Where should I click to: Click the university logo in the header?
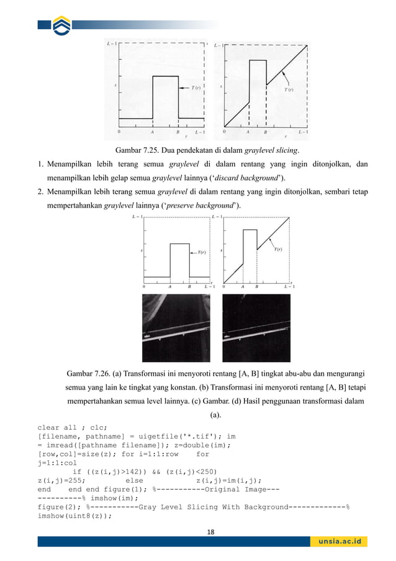click(x=62, y=26)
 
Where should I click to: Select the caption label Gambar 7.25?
click(x=137, y=150)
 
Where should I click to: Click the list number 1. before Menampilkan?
click(x=39, y=165)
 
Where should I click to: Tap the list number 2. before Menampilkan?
click(x=39, y=193)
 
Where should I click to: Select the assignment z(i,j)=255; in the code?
click(x=61, y=480)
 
